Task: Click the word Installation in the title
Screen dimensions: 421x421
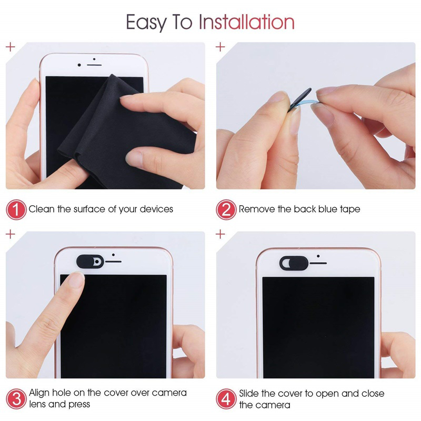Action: [246, 22]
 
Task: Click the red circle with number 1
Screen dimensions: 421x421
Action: [16, 209]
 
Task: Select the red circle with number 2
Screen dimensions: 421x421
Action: [226, 209]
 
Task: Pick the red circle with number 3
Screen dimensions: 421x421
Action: [16, 398]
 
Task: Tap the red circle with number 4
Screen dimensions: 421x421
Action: [226, 398]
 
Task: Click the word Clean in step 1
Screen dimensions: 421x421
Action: [42, 209]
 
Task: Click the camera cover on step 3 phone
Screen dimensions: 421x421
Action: [90, 261]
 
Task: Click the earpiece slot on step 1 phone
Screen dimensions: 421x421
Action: [94, 65]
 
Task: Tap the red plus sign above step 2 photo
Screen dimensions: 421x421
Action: [220, 47]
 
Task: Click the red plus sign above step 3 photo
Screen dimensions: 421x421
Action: [10, 234]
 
